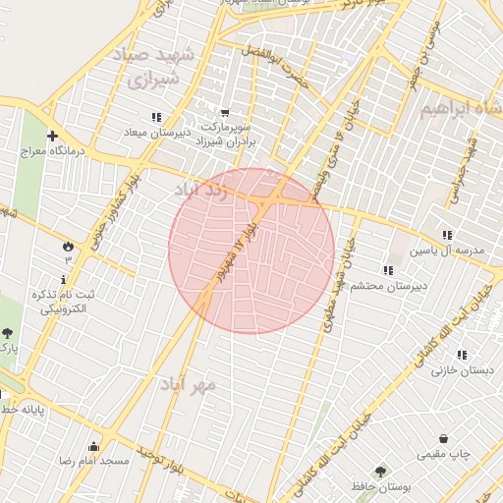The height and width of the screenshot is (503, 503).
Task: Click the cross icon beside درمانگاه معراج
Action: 52,137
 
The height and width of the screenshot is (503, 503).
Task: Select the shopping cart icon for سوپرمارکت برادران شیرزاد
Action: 225,113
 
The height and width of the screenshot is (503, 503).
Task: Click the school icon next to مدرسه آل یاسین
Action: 448,235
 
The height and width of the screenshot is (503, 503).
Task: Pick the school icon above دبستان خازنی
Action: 463,354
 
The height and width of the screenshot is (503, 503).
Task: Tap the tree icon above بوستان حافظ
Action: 379,472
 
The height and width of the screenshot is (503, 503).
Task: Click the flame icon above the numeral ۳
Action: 68,245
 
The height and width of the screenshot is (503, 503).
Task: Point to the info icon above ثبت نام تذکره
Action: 64,280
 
